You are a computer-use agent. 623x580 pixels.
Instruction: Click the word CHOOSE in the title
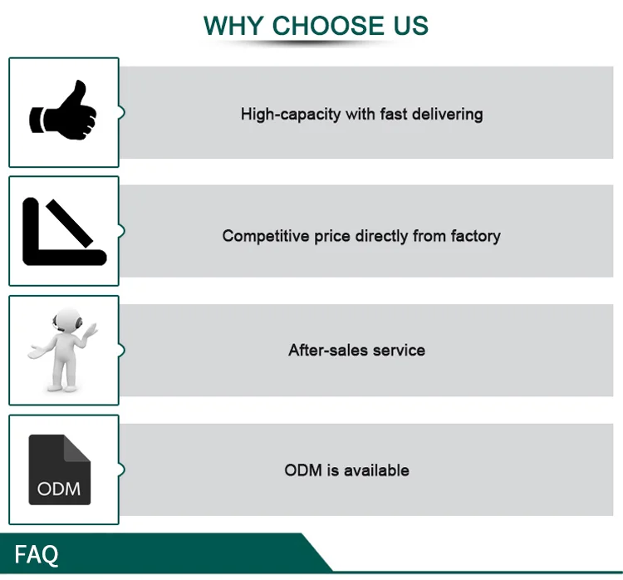328,26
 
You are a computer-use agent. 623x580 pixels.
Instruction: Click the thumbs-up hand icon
63,111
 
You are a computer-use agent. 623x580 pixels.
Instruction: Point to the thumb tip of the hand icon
80,83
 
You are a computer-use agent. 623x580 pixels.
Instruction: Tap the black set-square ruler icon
64,231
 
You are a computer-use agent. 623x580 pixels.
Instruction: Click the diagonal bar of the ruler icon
70,224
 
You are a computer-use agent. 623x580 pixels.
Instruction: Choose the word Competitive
266,236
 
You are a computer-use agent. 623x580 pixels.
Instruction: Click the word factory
476,236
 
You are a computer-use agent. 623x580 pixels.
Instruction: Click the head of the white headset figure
67,319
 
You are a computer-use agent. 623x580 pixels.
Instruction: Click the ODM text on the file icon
59,489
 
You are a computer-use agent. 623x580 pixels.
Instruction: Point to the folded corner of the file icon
77,449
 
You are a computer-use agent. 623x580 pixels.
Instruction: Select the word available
376,470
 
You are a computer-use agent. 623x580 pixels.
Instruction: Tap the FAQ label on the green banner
37,554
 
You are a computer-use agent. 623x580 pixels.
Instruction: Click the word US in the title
411,26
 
